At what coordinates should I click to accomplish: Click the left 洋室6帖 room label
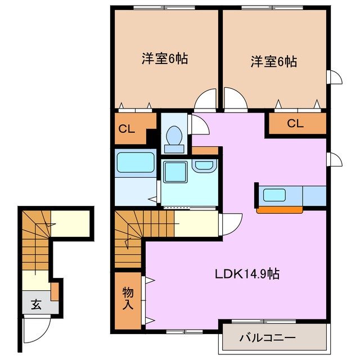pyautogui.click(x=164, y=58)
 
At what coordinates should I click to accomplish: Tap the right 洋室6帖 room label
pyautogui.click(x=273, y=61)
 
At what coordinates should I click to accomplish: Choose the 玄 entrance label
pyautogui.click(x=36, y=305)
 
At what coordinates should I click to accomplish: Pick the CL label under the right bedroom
pyautogui.click(x=295, y=124)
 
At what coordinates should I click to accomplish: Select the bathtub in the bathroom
pyautogui.click(x=135, y=164)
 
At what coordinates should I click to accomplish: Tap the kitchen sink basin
pyautogui.click(x=275, y=196)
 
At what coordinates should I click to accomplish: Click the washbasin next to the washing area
pyautogui.click(x=204, y=166)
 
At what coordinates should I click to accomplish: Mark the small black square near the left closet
pyautogui.click(x=150, y=136)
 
